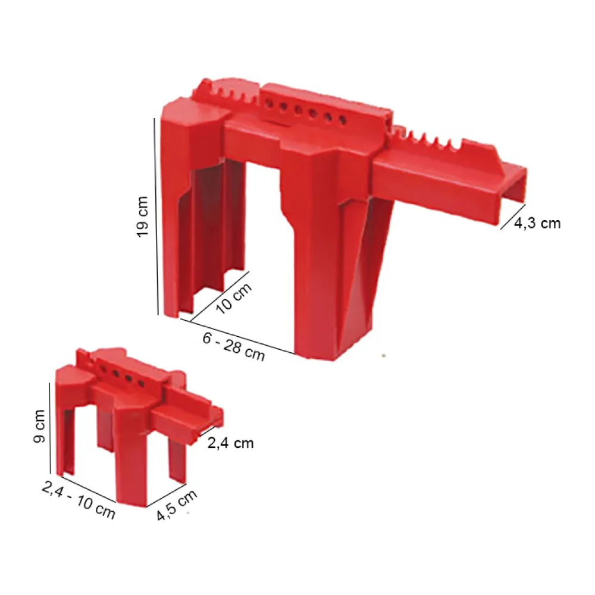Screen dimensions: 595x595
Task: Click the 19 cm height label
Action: click(x=142, y=217)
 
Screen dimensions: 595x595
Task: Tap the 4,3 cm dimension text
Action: click(x=537, y=223)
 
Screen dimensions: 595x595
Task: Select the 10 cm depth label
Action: click(x=234, y=299)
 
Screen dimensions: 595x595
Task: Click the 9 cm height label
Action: click(x=39, y=426)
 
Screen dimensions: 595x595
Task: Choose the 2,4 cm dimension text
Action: click(x=230, y=443)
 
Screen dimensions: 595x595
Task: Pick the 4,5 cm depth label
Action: click(x=177, y=505)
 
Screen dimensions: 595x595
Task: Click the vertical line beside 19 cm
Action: click(x=156, y=217)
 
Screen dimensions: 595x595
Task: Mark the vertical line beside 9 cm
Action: click(x=50, y=428)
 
